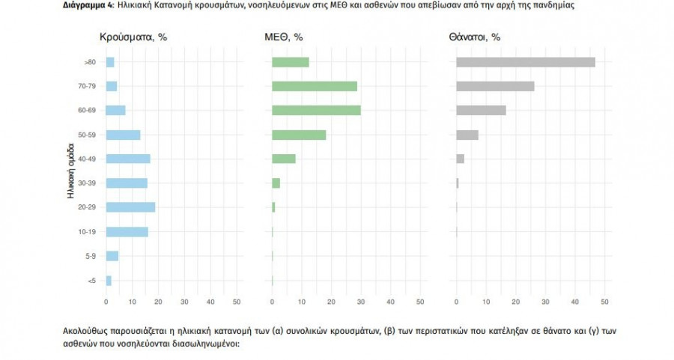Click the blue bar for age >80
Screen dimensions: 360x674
(110, 62)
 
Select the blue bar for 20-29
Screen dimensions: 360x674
(130, 207)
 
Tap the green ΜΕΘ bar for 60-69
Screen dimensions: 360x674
(316, 110)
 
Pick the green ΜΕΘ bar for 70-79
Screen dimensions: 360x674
(315, 86)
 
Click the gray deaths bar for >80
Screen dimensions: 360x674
(525, 62)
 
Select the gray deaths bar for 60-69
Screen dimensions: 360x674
(481, 110)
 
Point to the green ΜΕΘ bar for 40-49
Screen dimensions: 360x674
(284, 159)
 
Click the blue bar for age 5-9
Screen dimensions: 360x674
(112, 256)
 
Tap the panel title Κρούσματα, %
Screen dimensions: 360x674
(133, 37)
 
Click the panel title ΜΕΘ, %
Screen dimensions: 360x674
(284, 37)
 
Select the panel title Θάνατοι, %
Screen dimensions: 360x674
(475, 37)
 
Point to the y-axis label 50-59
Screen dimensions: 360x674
(86, 135)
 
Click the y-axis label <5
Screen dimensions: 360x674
(91, 281)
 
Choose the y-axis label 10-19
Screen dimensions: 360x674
(86, 232)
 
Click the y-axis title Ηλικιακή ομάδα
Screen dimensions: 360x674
(71, 171)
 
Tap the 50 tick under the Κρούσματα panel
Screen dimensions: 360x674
(237, 302)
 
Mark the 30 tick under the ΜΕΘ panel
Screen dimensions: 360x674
(361, 302)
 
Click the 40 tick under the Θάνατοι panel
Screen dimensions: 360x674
(574, 302)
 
